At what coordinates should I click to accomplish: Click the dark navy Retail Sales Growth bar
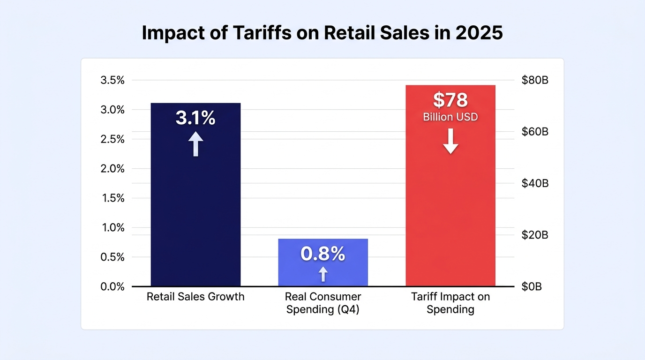(195, 195)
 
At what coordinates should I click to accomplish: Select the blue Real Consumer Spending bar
(323, 262)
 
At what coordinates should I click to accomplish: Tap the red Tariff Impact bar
(450, 186)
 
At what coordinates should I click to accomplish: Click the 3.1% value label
(195, 118)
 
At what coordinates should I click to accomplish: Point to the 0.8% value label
(323, 254)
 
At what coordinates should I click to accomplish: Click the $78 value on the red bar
(450, 100)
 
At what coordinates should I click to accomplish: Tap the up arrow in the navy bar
(196, 144)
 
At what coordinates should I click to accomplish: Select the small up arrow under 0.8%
(323, 274)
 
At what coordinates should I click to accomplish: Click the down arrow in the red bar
(450, 141)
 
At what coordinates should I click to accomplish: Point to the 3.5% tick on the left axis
(112, 80)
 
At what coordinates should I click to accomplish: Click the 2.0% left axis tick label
(112, 168)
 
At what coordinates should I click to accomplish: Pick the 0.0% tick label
(112, 286)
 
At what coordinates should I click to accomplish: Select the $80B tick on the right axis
(535, 80)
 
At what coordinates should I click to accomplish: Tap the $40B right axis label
(535, 183)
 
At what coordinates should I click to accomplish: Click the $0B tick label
(532, 286)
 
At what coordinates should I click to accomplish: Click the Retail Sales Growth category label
(195, 297)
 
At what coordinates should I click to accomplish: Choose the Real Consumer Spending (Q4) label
(323, 303)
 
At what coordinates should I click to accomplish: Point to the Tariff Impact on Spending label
(450, 303)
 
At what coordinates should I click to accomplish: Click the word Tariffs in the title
(262, 32)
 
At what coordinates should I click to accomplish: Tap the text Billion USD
(450, 117)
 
